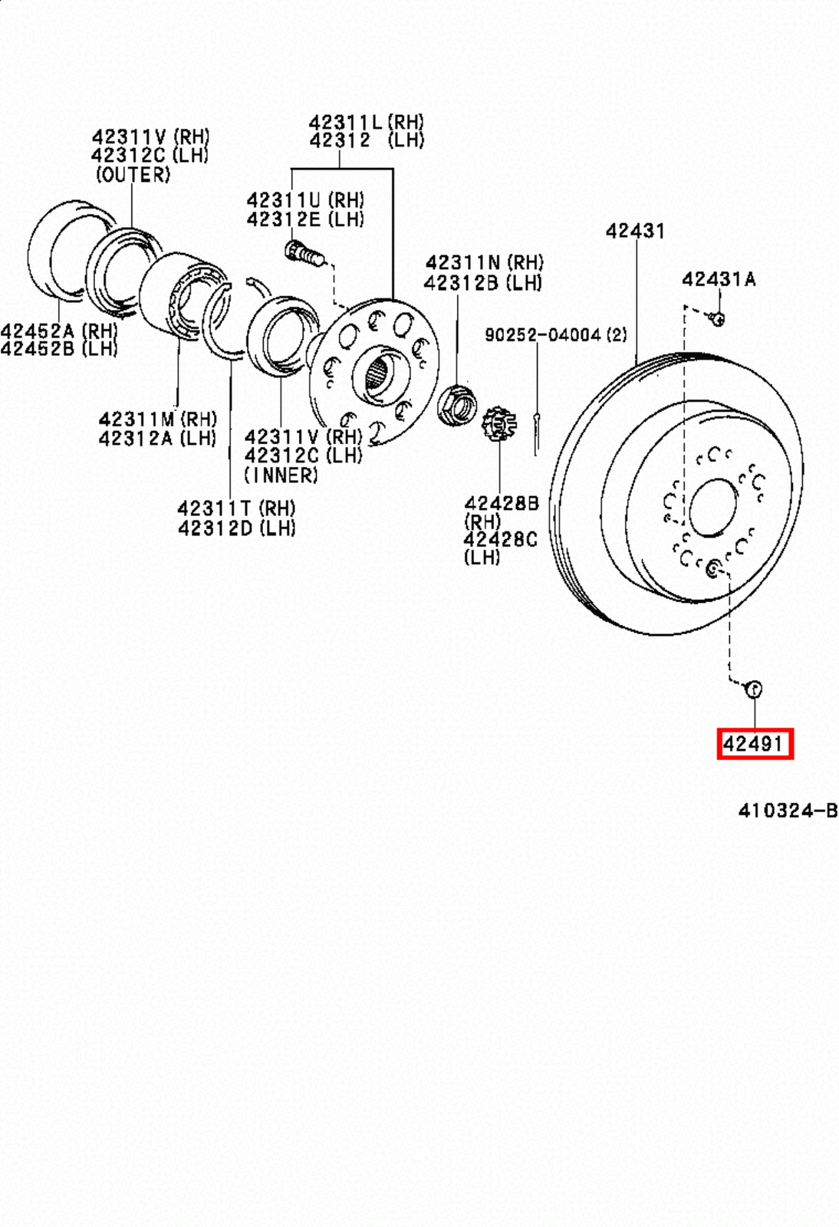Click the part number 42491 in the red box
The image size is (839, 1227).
coord(754,743)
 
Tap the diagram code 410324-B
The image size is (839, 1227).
coord(787,811)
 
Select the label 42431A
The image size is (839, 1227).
coord(719,279)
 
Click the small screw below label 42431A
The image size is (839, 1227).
coord(717,317)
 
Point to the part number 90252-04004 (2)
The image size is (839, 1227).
coord(555,335)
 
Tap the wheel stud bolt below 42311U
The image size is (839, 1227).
coord(304,253)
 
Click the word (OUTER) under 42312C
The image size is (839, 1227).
coord(133,175)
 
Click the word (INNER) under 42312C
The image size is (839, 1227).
coord(281,475)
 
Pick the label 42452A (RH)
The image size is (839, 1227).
coord(59,331)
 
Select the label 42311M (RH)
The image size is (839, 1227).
coord(158,419)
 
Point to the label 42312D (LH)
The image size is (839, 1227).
coord(236,528)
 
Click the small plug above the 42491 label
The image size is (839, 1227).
coord(754,689)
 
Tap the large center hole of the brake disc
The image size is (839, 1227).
coord(713,508)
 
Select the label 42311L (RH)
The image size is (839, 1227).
coord(366,122)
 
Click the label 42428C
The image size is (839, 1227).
coord(500,540)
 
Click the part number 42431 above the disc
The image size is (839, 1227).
coord(635,230)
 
